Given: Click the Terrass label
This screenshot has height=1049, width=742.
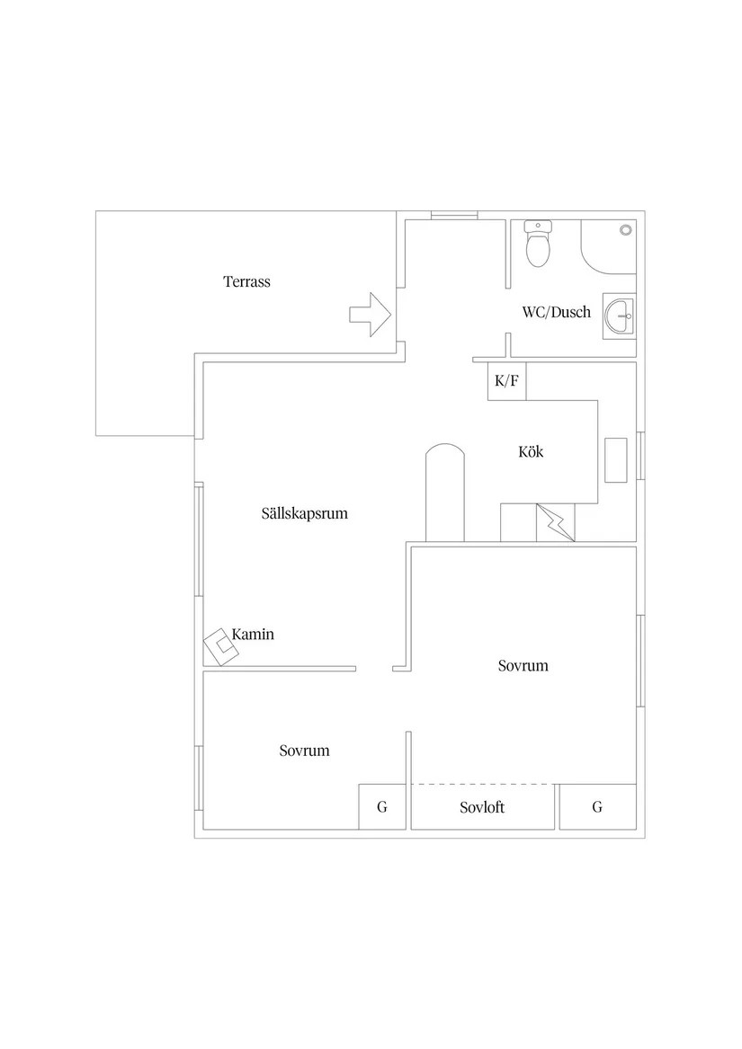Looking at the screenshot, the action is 246,281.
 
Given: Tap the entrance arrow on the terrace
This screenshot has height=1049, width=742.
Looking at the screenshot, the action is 371,314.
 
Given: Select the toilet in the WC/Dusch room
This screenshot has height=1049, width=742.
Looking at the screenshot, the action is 538,244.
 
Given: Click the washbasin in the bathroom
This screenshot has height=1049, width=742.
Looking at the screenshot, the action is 620,316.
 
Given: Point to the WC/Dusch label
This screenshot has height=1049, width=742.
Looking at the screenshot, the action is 557,312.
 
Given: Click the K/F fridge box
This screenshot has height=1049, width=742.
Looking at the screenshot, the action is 507,381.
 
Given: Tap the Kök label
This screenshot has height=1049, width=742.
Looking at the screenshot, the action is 531,451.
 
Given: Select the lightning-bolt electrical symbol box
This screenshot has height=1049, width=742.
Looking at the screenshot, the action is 555,522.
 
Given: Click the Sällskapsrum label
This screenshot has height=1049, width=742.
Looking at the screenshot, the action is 305,514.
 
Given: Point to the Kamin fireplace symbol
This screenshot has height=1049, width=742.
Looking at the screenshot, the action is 221,647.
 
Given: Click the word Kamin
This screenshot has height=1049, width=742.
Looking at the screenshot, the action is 253,635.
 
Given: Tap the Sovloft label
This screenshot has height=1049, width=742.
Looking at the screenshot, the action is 482,807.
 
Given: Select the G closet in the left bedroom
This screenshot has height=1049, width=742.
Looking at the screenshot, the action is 382,807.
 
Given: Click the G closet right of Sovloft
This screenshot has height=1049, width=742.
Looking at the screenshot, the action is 597,807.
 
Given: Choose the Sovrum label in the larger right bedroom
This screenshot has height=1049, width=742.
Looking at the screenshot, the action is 523,666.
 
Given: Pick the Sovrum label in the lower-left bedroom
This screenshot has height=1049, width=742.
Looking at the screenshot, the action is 305,751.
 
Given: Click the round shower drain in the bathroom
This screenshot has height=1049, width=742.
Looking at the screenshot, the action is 626,230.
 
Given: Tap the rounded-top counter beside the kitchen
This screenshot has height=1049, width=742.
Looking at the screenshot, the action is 444,493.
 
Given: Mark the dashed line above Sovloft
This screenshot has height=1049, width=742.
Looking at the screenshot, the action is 483,784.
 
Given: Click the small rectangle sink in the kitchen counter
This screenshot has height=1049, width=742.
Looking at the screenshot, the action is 616,460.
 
